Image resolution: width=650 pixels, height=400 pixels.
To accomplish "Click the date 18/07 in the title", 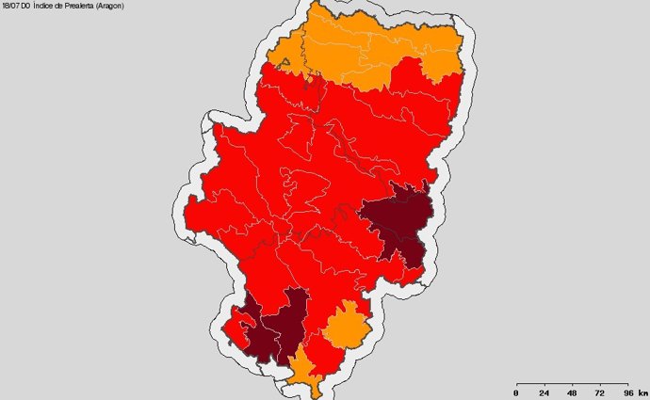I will (10, 6).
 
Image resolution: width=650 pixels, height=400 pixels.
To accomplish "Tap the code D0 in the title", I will (26, 6).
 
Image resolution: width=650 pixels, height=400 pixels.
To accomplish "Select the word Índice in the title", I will (45, 6).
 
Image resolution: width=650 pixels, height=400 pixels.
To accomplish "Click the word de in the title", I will (61, 6).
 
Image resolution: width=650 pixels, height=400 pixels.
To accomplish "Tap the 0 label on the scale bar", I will (515, 392).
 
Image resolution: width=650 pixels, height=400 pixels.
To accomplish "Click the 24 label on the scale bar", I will (544, 392).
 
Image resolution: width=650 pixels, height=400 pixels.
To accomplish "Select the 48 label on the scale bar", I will (572, 392).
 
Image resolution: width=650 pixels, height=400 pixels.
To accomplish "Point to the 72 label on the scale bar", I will (600, 392).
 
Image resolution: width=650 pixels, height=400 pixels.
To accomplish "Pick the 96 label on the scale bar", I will (627, 392).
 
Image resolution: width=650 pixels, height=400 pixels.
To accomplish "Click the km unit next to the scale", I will (642, 392).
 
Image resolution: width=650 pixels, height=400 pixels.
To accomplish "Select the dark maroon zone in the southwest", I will (278, 329).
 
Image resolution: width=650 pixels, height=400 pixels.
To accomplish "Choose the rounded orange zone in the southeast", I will (346, 327).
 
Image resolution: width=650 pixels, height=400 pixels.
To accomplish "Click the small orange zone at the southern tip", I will (303, 369).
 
